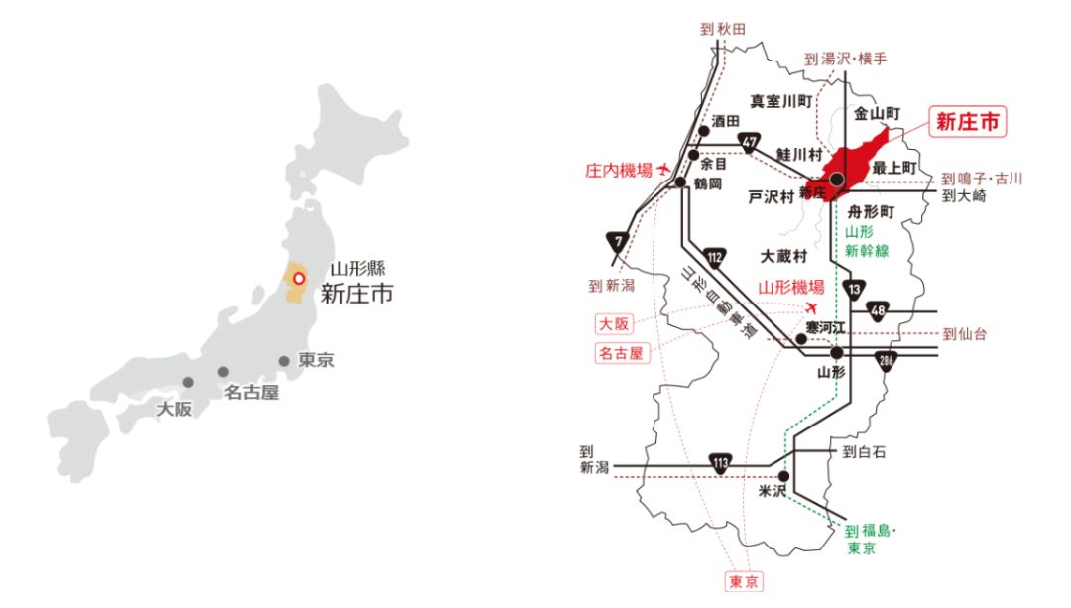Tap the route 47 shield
pyautogui.click(x=750, y=142)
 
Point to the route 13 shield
pyautogui.click(x=852, y=289)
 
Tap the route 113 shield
pyautogui.click(x=721, y=463)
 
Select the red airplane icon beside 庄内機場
pyautogui.click(x=663, y=169)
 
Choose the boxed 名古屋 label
pyautogui.click(x=622, y=352)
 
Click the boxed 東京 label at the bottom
pyautogui.click(x=744, y=582)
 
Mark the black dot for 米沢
pyautogui.click(x=783, y=476)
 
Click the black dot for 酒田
pyautogui.click(x=703, y=130)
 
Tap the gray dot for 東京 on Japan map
pyautogui.click(x=284, y=361)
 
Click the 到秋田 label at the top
pyautogui.click(x=720, y=30)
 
